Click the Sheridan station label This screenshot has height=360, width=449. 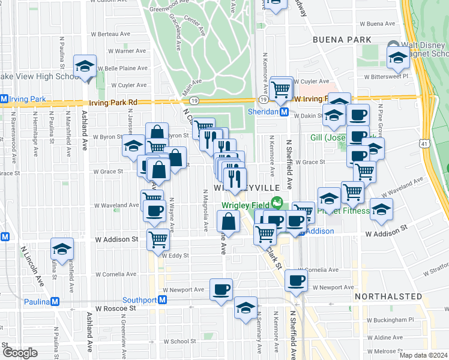263,112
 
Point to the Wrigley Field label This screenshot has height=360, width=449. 245,204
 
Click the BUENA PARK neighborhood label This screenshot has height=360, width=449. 342,40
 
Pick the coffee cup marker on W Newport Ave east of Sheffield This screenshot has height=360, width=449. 296,280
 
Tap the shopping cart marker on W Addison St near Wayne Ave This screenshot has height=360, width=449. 158,239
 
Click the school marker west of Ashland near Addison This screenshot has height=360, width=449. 62,248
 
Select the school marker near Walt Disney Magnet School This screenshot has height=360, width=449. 397,59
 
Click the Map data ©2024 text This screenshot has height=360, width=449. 423,355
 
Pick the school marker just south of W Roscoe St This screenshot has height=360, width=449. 244,307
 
